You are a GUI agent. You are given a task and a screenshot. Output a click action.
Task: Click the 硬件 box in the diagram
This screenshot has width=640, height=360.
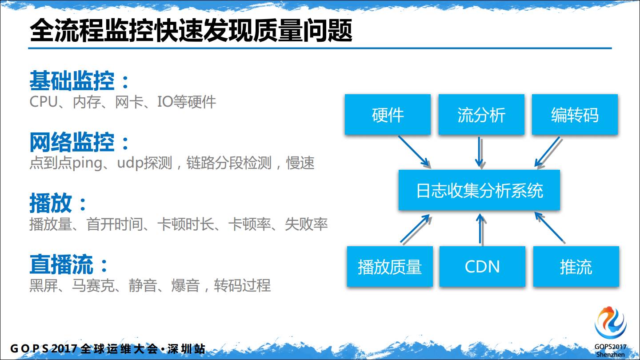[388, 115]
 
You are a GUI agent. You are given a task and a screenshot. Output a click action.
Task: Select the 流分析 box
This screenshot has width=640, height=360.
[481, 115]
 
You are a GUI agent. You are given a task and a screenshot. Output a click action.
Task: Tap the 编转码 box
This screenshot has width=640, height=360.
[575, 115]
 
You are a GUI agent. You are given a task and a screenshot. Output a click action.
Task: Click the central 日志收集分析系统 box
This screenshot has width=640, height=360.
[479, 190]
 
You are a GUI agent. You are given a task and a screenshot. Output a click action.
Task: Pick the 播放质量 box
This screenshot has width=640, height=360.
[389, 267]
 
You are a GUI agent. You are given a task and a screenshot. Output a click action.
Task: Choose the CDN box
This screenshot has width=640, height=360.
[482, 267]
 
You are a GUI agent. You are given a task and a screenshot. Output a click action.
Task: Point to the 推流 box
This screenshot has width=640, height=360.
[576, 267]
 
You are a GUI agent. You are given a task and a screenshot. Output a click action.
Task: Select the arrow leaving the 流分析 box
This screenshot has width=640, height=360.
[480, 152]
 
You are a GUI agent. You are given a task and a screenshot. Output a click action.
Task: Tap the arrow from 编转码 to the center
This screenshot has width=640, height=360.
[547, 152]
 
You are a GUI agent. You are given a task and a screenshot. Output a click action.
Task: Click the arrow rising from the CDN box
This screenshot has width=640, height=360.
[480, 228]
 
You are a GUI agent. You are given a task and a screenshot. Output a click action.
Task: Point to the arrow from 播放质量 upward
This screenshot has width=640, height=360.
[416, 228]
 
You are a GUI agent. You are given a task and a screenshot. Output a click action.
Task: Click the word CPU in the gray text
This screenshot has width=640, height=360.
[44, 102]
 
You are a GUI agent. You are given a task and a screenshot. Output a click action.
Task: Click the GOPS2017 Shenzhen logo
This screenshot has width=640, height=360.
[611, 331]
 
